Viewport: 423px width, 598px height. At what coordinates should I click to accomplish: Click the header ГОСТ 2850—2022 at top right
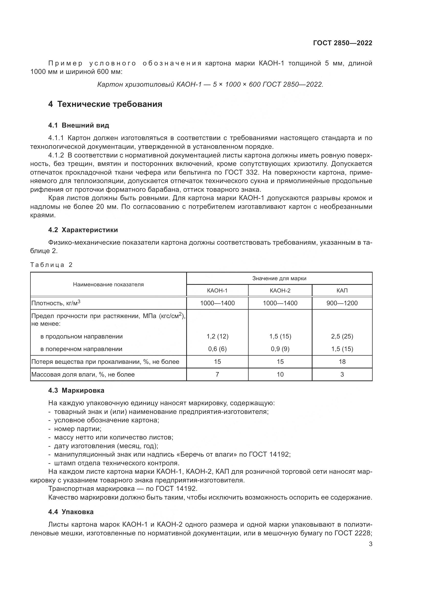[x=342, y=43]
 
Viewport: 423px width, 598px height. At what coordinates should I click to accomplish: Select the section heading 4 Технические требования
[x=105, y=104]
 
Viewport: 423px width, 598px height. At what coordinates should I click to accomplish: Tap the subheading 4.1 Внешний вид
[x=79, y=125]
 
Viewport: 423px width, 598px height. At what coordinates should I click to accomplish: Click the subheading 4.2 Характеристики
[x=83, y=230]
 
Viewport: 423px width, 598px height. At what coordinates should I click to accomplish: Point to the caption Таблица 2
[x=51, y=265]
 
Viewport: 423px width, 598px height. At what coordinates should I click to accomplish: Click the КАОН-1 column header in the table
[x=217, y=290]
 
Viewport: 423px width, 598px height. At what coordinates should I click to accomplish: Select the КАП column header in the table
[x=342, y=290]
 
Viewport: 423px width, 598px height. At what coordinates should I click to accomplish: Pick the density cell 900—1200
[x=342, y=303]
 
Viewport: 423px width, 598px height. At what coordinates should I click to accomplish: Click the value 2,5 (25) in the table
[x=342, y=336]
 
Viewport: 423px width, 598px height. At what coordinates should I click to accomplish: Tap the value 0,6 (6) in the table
[x=217, y=349]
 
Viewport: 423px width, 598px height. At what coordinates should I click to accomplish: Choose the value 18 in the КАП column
[x=342, y=362]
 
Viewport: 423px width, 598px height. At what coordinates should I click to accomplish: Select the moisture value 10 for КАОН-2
[x=280, y=374]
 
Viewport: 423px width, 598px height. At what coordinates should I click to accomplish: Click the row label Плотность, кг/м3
[x=56, y=303]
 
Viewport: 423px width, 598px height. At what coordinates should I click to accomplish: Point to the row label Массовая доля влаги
[x=83, y=375]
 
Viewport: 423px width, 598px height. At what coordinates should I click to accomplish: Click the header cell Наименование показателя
[x=108, y=284]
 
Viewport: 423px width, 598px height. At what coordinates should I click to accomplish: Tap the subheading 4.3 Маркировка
[x=76, y=390]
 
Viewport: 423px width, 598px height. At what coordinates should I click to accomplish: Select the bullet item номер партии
[x=78, y=429]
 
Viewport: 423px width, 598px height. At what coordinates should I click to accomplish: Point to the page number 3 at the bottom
[x=371, y=544]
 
